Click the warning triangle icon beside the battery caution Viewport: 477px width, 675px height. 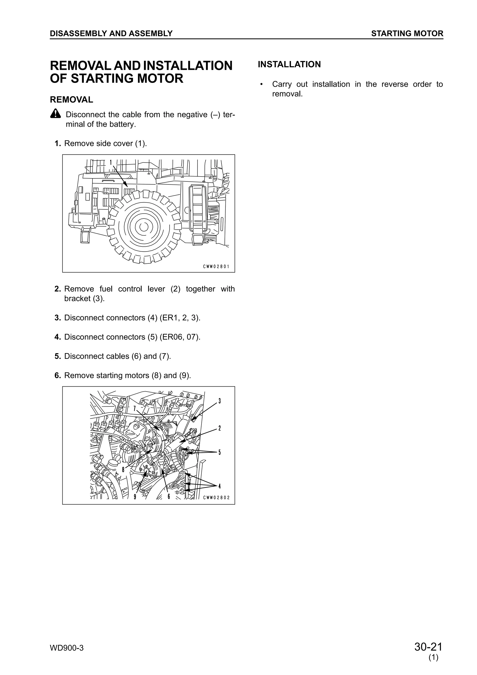(x=55, y=113)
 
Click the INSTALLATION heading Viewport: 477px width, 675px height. (x=289, y=64)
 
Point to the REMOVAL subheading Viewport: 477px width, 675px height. (x=72, y=100)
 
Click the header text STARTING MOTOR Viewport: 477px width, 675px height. (x=407, y=34)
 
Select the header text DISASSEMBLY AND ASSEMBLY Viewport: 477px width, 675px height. (x=111, y=34)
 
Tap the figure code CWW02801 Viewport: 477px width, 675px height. (x=216, y=267)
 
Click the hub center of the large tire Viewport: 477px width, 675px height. (x=144, y=227)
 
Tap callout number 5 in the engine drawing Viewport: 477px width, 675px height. (x=220, y=452)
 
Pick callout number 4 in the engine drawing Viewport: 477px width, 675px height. (x=220, y=486)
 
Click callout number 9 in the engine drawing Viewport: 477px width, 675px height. (x=135, y=497)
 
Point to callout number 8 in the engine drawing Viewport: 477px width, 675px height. (x=123, y=470)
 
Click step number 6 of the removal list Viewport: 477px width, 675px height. (x=58, y=375)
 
